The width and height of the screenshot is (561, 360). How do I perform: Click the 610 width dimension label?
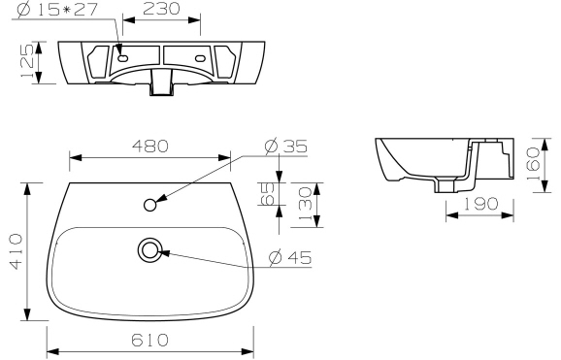click(150, 341)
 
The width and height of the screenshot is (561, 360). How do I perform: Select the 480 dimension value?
click(150, 147)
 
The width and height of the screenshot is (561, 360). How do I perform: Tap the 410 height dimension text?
click(16, 251)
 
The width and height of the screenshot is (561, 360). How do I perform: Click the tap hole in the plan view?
click(150, 205)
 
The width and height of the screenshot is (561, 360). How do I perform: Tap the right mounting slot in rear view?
click(201, 58)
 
